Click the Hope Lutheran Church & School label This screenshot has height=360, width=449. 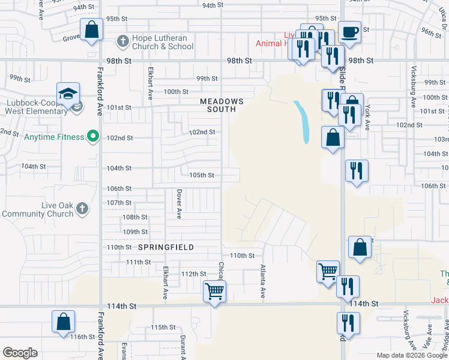(x=160, y=42)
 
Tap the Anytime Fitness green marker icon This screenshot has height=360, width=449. (x=92, y=137)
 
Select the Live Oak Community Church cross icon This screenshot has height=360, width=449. (x=82, y=209)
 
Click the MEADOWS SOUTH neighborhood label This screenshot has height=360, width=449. (x=221, y=106)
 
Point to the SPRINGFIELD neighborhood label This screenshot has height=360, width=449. (x=166, y=247)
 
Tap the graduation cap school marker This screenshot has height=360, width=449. (x=68, y=94)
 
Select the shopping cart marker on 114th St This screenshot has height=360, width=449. (x=214, y=292)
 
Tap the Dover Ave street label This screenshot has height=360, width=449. (x=179, y=204)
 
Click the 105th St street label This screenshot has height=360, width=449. (x=202, y=175)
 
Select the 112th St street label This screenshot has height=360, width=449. (x=193, y=274)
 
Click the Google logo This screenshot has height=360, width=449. (x=20, y=353)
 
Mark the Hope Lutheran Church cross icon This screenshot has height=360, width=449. (x=122, y=41)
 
